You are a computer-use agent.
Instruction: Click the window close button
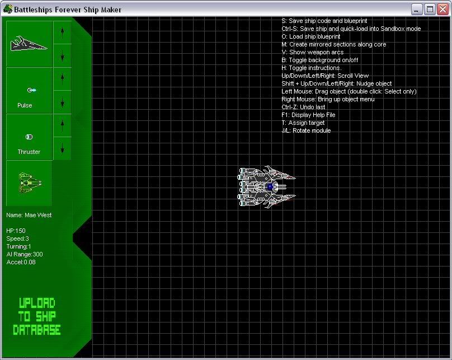442,10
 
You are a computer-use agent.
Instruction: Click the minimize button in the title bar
417,10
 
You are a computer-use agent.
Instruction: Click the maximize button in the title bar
430,10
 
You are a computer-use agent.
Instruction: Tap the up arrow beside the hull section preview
62,32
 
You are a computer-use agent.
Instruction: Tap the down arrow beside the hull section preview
62,55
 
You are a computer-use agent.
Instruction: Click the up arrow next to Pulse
62,79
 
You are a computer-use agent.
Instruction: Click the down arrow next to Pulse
62,102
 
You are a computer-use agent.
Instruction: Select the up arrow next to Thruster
62,125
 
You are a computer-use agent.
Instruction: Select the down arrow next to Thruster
62,148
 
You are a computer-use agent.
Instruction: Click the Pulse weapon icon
31,90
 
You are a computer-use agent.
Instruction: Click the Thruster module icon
29,137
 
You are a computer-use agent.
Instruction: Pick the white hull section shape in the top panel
29,44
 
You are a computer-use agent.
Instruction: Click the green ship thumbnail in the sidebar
30,183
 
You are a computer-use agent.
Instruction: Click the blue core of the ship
270,186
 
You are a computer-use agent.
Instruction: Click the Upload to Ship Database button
37,316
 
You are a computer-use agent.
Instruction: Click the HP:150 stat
16,231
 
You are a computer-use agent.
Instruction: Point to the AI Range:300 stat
25,254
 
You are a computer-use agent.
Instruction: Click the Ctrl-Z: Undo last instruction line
303,107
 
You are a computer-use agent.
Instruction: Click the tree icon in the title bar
8,9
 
